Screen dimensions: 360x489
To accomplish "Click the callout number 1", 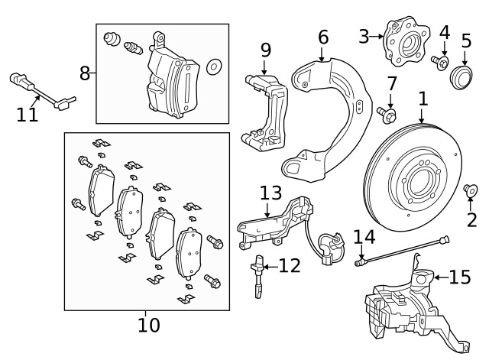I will click(423, 99).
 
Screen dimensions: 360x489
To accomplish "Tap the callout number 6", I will click(323, 37).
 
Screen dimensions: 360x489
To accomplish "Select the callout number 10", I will click(149, 325).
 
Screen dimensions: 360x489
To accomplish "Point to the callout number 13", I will click(270, 193).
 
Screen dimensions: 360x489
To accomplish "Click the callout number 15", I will click(460, 276).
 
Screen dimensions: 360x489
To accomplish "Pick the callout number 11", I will click(27, 115).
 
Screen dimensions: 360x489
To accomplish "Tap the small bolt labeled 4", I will click(442, 61).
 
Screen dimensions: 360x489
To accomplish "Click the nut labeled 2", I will click(471, 189).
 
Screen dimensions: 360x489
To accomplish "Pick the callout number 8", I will click(86, 73).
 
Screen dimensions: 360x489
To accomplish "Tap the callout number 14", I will click(364, 237).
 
